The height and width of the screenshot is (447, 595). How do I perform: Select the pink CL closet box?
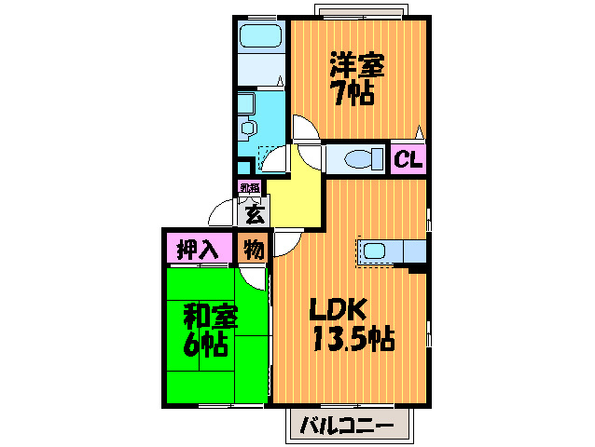tap(408, 159)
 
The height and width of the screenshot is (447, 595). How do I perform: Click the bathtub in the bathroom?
tap(262, 38)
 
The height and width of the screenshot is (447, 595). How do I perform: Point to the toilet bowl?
tap(359, 159)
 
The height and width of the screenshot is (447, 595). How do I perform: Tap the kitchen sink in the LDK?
tap(375, 251)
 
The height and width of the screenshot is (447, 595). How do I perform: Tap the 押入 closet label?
tap(197, 250)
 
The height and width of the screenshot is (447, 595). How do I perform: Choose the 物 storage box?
tap(252, 250)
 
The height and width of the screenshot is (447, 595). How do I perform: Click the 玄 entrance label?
tap(253, 215)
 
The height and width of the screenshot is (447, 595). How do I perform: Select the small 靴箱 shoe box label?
tap(248, 188)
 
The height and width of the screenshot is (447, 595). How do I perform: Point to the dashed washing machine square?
tap(271, 158)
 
